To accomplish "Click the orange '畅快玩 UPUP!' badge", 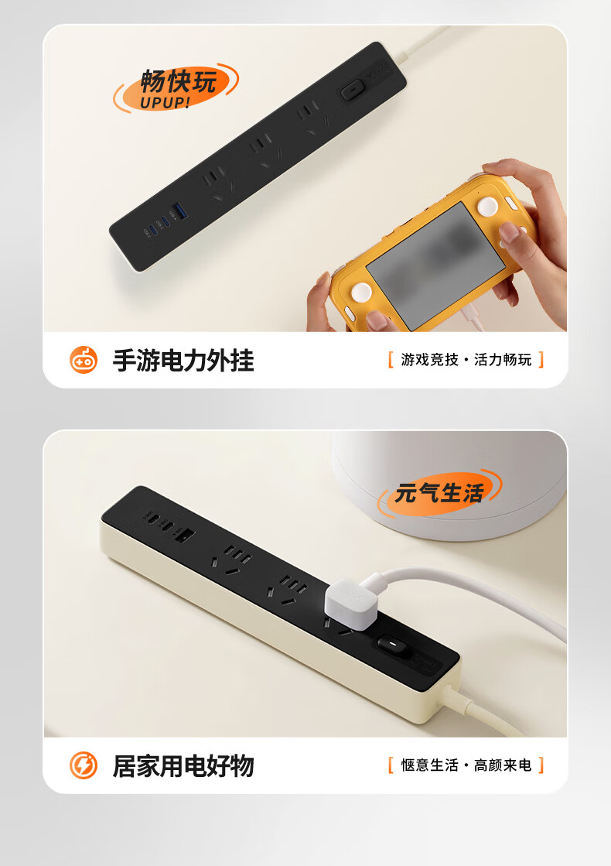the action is [176, 87].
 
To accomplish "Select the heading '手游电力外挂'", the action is [183, 361].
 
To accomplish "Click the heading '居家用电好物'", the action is [183, 766].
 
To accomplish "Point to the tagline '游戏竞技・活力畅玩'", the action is [466, 360].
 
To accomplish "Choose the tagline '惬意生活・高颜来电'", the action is [466, 765].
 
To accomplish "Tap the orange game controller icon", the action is [84, 360].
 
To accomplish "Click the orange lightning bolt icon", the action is [84, 765].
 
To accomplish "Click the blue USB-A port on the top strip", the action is [179, 211].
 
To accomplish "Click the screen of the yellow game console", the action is [436, 264].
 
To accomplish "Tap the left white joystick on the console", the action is [360, 293].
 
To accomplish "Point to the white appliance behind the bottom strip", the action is [448, 486].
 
